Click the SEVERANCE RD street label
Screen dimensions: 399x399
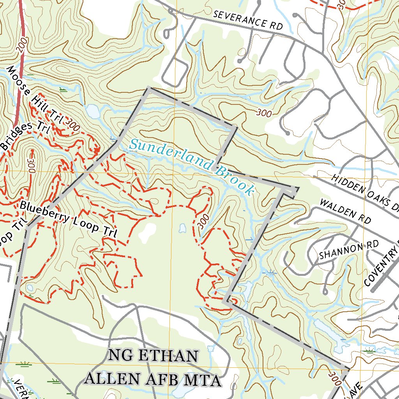(x=248, y=20)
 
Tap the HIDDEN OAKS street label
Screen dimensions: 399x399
(x=365, y=191)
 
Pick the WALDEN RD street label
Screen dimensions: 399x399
(x=345, y=211)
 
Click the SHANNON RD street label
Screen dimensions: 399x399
(x=349, y=250)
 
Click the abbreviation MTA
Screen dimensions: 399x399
(x=203, y=379)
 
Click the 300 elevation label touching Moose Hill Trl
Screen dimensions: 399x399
(x=73, y=125)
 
